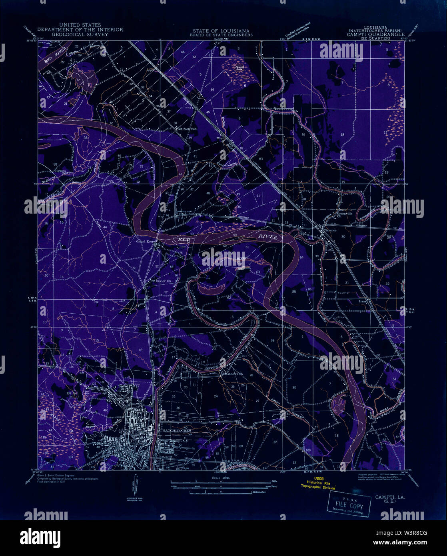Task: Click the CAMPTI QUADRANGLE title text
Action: (376, 34)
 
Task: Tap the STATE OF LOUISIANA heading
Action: (221, 30)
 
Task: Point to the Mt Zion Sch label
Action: (185, 129)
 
